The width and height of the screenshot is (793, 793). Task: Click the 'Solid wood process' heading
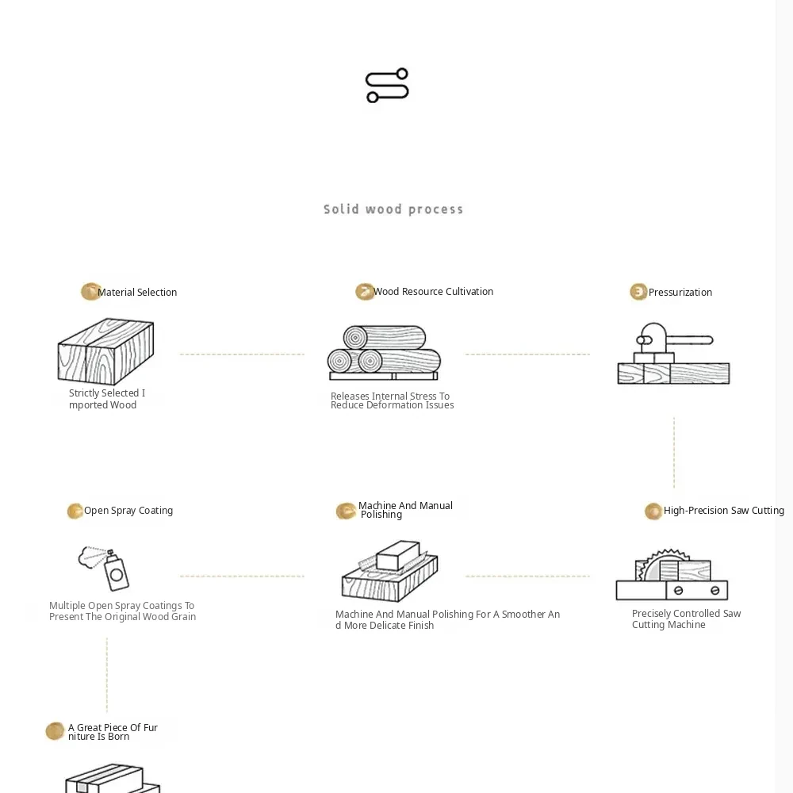click(x=393, y=209)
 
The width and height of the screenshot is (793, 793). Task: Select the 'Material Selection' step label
click(x=137, y=293)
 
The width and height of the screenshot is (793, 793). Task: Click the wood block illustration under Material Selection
click(x=105, y=351)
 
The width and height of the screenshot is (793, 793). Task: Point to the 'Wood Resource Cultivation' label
click(x=434, y=291)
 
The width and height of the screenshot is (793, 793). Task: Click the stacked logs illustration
click(x=384, y=353)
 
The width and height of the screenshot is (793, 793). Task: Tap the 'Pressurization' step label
click(x=680, y=293)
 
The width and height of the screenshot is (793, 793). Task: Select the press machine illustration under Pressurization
click(x=673, y=354)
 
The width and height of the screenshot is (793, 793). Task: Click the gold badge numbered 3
click(x=638, y=292)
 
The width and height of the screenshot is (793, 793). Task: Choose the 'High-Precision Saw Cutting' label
click(x=724, y=511)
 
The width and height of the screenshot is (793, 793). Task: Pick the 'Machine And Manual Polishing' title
click(x=405, y=510)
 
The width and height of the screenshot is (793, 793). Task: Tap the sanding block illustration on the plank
click(x=397, y=555)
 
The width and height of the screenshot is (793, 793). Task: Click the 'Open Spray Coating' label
click(x=128, y=511)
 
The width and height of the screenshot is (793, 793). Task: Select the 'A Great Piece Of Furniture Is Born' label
click(x=113, y=732)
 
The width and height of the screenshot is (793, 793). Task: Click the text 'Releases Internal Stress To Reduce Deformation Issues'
click(x=392, y=400)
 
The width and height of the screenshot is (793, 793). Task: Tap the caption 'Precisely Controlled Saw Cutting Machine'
click(x=686, y=619)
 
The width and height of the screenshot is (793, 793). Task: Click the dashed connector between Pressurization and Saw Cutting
click(x=674, y=453)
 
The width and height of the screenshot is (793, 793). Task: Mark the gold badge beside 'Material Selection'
click(x=90, y=292)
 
